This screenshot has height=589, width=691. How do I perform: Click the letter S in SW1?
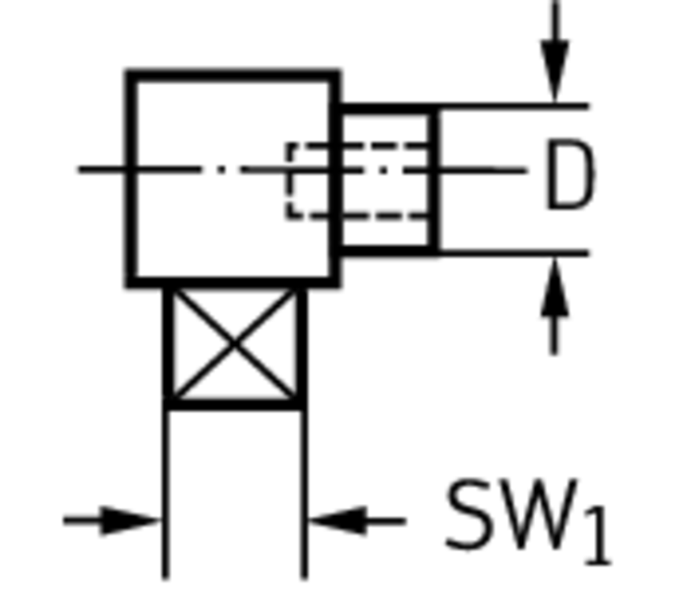click(x=469, y=515)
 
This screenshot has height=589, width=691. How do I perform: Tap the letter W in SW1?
click(x=538, y=515)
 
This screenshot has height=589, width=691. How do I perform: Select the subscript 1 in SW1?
click(x=599, y=536)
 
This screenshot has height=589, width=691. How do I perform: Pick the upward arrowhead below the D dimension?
click(x=555, y=287)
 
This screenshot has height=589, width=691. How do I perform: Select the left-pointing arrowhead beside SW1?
click(x=337, y=521)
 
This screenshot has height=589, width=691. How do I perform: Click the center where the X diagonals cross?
click(x=234, y=343)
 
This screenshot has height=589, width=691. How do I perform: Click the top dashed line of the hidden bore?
click(x=357, y=145)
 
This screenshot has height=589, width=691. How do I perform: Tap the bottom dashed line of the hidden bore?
click(x=357, y=215)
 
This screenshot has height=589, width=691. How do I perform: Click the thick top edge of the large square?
click(x=233, y=75)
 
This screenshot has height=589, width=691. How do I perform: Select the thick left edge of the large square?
click(x=131, y=179)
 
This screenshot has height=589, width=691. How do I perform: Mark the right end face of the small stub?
click(x=434, y=180)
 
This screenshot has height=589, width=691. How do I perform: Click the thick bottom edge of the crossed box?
click(x=234, y=404)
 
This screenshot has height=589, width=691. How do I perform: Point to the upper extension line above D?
click(x=514, y=106)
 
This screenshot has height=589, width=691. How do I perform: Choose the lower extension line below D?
click(x=514, y=253)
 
